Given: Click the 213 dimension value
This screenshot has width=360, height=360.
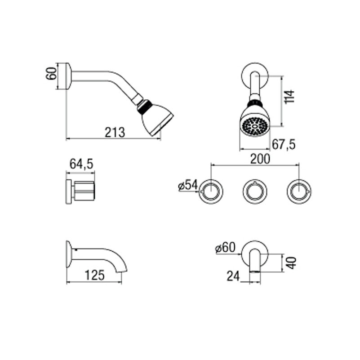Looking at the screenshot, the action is point(115,133).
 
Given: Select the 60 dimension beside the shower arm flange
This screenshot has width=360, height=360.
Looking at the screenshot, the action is point(51,73).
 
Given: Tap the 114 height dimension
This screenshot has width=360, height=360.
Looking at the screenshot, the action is point(289,97).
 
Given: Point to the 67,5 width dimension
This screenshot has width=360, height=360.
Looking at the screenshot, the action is point(284,144).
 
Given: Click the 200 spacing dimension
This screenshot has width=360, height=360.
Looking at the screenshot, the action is point(260,159).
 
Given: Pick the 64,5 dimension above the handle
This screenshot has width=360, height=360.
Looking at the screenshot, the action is point(81,164).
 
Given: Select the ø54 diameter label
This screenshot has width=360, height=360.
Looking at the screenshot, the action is point(188,185).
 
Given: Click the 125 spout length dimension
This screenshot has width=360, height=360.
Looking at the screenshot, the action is point(95,275).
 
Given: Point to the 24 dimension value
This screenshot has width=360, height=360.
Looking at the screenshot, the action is point(233,276).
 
